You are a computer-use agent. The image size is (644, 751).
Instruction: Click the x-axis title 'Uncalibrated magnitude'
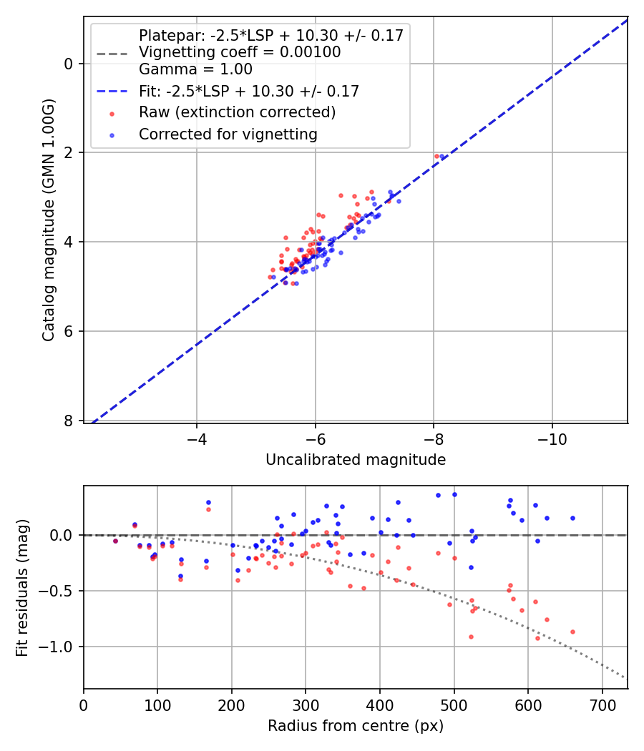tap(355, 460)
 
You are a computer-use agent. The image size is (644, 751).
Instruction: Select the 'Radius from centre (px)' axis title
tap(355, 726)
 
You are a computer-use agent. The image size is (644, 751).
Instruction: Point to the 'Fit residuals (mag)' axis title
tap(22, 587)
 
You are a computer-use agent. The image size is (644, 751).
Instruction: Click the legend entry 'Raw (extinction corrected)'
tap(237, 112)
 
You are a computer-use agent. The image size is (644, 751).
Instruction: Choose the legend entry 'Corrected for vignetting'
tap(228, 134)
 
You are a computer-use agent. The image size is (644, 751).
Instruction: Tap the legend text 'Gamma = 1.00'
tap(195, 69)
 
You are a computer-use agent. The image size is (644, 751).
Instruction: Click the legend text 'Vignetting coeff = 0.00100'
tap(240, 52)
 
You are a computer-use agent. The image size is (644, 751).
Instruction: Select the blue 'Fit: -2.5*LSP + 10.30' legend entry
tap(248, 91)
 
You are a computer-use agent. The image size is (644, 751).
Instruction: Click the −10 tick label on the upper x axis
tap(552, 437)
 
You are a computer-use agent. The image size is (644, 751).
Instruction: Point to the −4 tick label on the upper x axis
tap(197, 437)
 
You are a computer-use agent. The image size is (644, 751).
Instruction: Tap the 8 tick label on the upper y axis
tap(69, 421)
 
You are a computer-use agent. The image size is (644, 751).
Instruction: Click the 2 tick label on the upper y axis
tap(69, 152)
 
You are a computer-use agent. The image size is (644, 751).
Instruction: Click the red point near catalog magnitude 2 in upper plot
tap(436, 156)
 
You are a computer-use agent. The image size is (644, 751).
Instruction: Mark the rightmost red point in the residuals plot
tap(572, 632)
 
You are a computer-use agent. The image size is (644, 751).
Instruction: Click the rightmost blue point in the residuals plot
tap(572, 518)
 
